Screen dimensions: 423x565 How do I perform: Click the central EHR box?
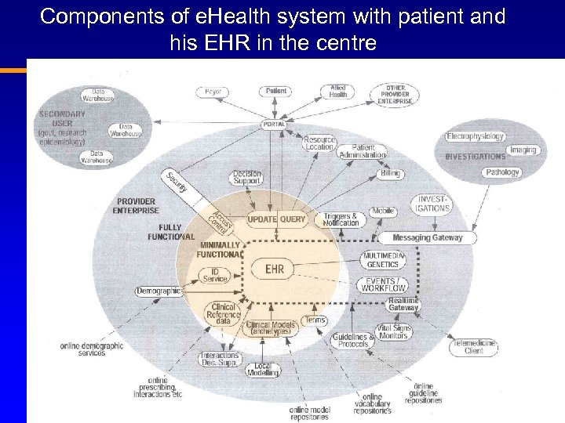pos(274,269)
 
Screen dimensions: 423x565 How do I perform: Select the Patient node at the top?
pos(276,91)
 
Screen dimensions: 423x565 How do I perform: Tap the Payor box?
pos(213,92)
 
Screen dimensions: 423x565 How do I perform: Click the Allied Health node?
pos(337,91)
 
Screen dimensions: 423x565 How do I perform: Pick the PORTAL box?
pos(275,125)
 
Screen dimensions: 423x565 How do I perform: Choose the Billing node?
pos(390,173)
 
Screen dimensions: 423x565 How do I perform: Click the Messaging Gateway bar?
pos(428,237)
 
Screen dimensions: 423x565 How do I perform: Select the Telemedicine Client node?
pos(474,346)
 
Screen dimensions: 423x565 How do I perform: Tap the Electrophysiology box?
pos(475,136)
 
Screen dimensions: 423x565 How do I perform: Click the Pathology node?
pos(502,172)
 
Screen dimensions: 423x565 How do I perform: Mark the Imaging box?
pos(523,150)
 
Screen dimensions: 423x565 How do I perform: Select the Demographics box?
pos(159,291)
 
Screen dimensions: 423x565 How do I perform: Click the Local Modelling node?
pos(263,369)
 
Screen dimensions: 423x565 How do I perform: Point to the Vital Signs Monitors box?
pos(393,331)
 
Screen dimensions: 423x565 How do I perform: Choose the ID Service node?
pos(215,275)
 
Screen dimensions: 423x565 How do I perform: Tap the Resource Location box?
pos(319,143)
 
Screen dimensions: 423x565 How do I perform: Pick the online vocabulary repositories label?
pos(372,403)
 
